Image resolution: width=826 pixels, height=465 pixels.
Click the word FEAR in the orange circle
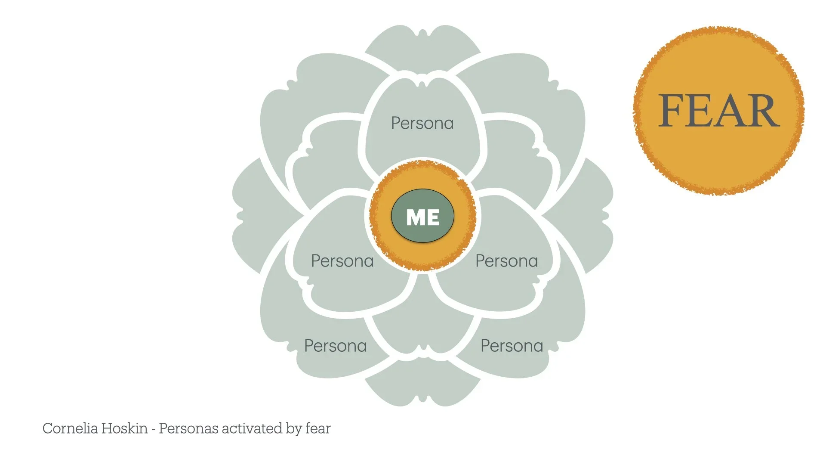coord(718,111)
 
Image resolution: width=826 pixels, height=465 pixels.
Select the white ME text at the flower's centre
coord(422,217)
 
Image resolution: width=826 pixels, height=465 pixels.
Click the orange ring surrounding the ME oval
coord(422,174)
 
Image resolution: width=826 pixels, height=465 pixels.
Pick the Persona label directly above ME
coord(422,124)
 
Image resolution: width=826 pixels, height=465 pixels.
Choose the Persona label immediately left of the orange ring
coord(342,261)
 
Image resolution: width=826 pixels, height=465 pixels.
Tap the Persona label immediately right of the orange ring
coord(506,261)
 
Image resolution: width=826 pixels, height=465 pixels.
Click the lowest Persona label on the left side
coord(335,346)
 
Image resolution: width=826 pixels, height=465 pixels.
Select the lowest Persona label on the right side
coord(512,346)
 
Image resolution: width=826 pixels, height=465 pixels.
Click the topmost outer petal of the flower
coord(422,47)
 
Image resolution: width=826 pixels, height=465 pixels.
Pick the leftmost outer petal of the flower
coord(250,215)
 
